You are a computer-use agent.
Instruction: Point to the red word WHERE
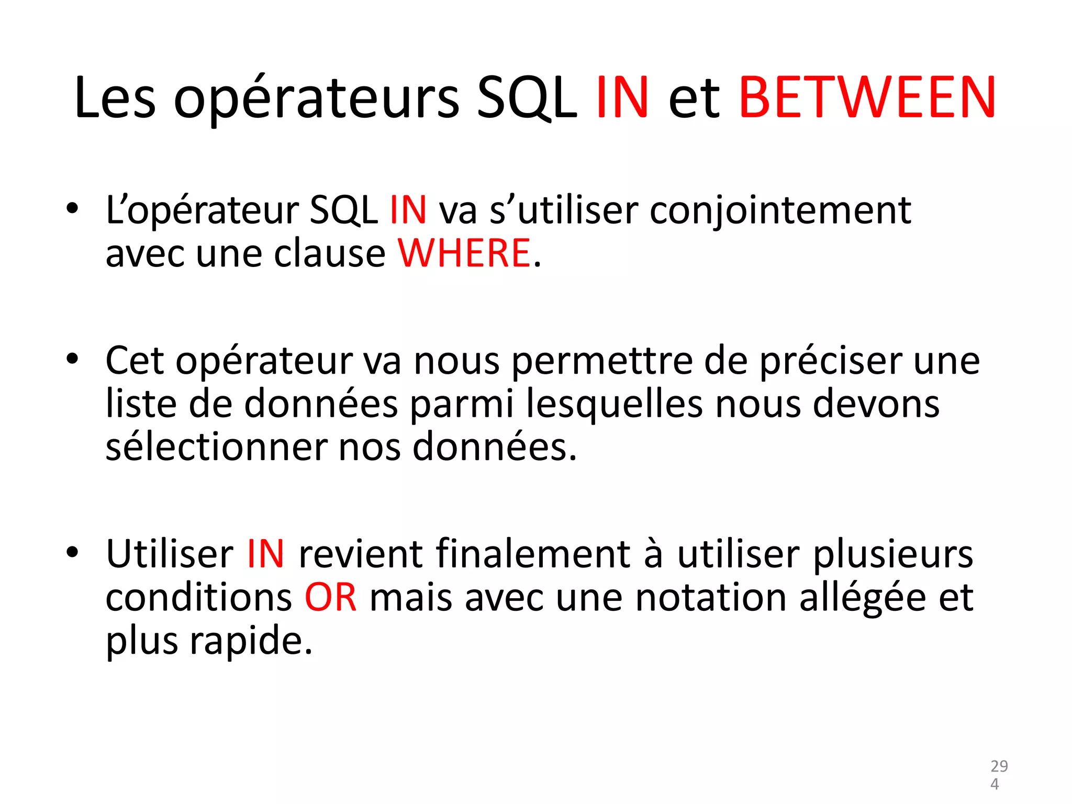[464, 253]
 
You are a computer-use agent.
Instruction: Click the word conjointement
[780, 210]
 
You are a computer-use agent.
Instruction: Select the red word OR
[331, 597]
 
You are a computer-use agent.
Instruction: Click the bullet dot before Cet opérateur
[72, 359]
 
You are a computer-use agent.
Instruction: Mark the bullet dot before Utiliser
[72, 552]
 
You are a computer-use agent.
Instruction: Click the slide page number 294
[999, 775]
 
